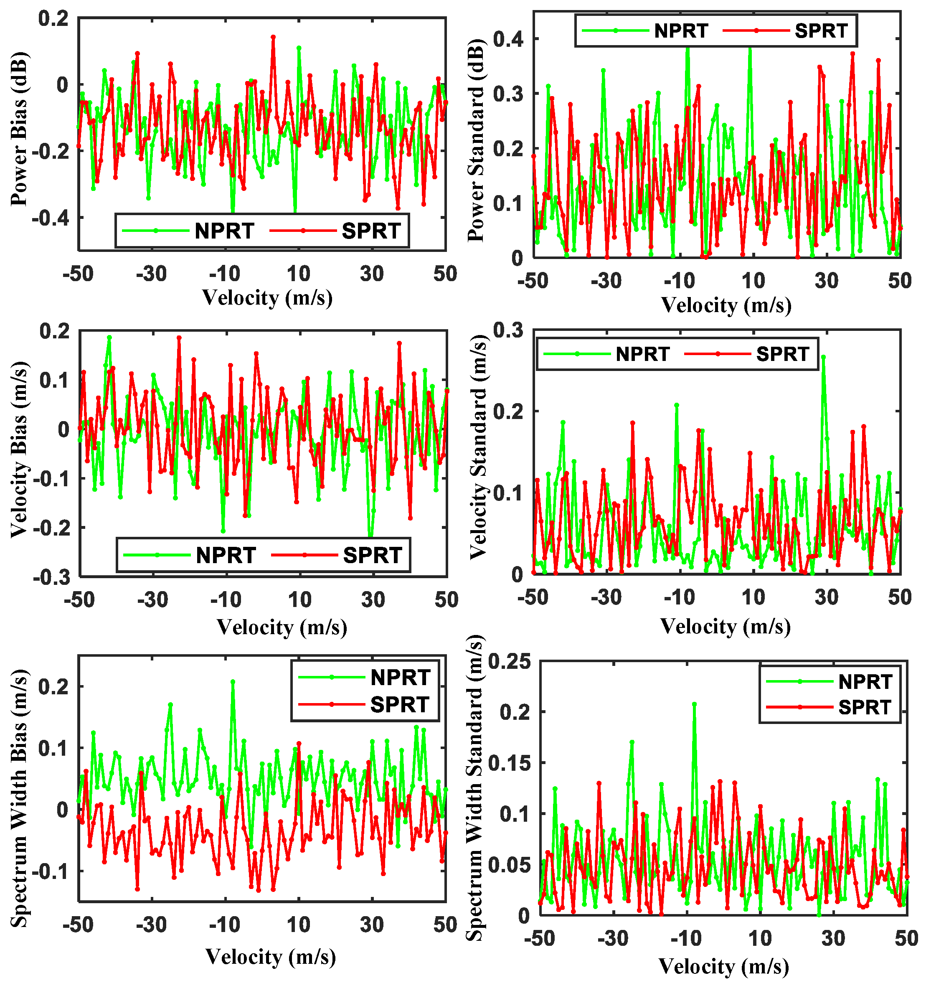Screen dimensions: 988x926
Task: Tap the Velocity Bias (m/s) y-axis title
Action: click(19, 450)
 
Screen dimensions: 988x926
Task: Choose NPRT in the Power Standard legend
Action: click(680, 31)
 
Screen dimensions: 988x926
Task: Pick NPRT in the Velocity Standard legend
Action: click(642, 354)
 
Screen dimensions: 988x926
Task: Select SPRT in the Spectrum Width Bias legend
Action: click(399, 705)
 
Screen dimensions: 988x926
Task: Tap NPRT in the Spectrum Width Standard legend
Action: click(865, 682)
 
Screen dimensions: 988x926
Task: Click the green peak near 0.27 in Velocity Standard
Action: click(823, 357)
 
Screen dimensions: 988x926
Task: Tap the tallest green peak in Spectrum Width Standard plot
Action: click(694, 704)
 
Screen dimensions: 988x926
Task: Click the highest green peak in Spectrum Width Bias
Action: click(233, 682)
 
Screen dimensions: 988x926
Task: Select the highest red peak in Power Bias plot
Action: click(273, 37)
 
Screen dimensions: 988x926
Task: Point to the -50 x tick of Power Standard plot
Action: click(533, 281)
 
